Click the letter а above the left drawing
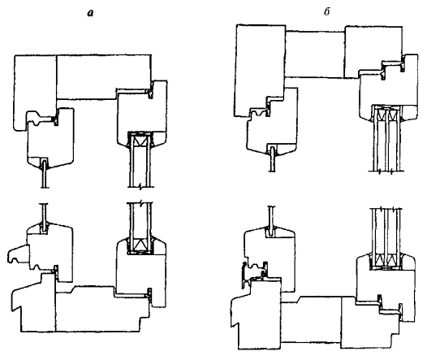[90, 13]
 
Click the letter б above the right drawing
[327, 12]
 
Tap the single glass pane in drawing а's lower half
[45, 216]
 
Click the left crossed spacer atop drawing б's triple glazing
[381, 115]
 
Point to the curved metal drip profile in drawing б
[244, 275]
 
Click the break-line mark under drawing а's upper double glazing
[140, 187]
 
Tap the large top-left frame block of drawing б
[260, 70]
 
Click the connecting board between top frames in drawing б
[315, 54]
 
